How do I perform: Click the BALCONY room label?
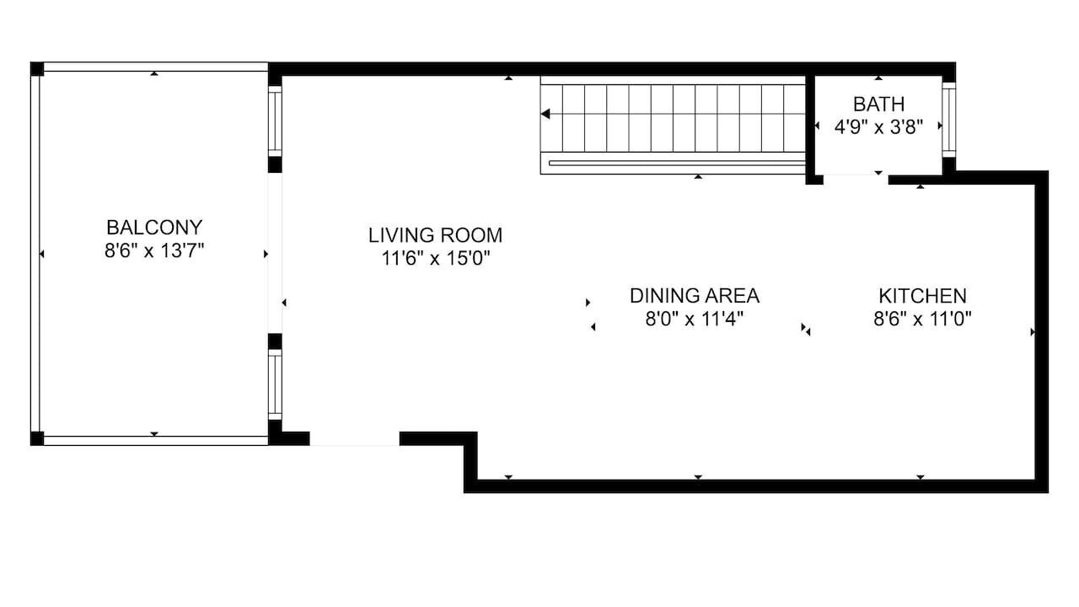154,228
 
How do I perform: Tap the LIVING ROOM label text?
436,235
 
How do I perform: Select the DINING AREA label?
695,296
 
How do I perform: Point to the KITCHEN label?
922,296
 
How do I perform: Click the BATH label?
878,104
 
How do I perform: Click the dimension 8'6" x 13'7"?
154,250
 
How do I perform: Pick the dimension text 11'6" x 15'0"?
436,259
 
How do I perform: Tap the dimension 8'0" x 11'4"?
695,319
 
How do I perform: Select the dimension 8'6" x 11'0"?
922,319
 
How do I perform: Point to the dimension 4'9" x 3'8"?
878,127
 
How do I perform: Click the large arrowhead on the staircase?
545,114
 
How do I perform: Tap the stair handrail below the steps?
677,164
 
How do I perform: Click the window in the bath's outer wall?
949,120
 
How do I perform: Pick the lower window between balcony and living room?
275,384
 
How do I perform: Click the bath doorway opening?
856,180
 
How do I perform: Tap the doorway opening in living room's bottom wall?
355,438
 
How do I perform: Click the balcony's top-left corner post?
37,69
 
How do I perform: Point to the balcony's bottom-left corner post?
37,438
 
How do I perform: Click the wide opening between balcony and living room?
275,253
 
